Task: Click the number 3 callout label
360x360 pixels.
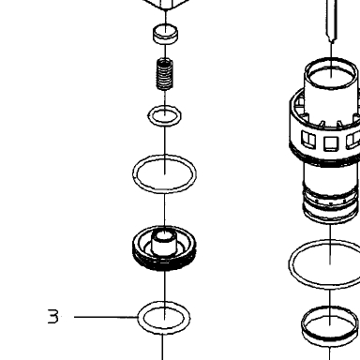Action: (x=53, y=316)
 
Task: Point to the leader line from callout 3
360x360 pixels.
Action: (x=106, y=317)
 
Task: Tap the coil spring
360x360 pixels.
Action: (x=164, y=74)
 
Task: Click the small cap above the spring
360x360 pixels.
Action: (x=165, y=34)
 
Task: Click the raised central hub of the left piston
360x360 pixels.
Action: (x=164, y=243)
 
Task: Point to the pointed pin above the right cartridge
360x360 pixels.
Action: (x=331, y=21)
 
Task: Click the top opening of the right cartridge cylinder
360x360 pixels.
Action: (x=331, y=72)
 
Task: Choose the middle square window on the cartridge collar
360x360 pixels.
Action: (x=331, y=143)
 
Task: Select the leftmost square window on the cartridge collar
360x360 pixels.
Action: (x=308, y=139)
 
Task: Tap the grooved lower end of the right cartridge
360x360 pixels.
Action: (x=330, y=204)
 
